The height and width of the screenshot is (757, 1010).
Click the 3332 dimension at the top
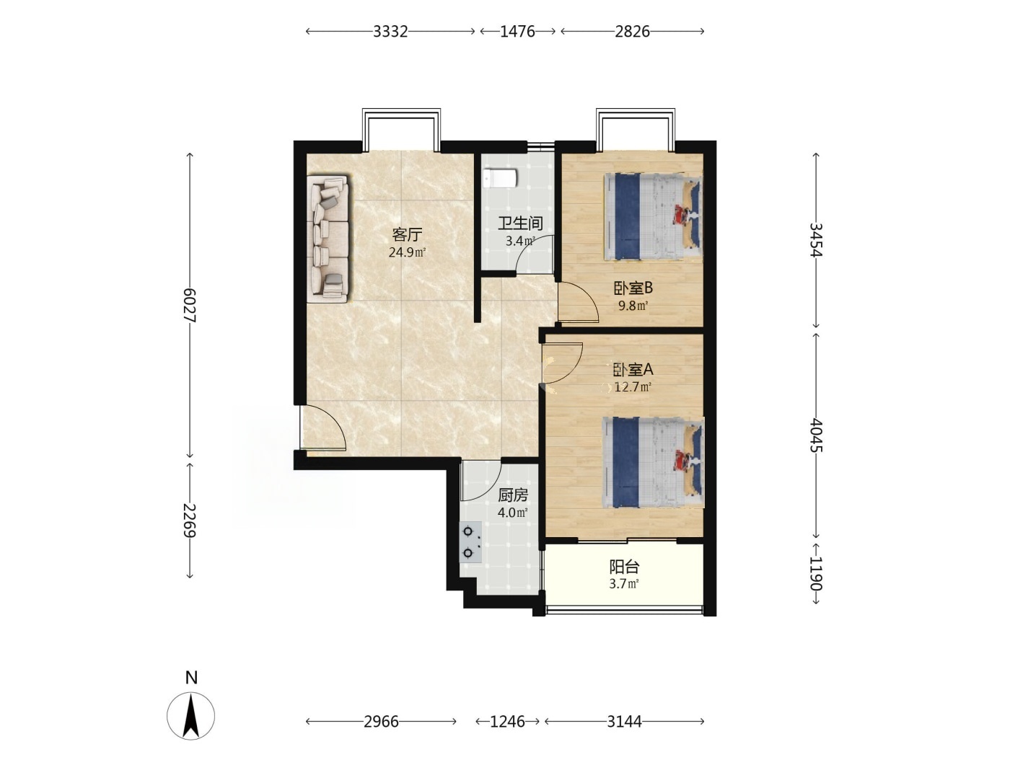pos(390,31)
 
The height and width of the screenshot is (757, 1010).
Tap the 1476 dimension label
pos(518,31)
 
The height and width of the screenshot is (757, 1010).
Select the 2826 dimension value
pos(632,31)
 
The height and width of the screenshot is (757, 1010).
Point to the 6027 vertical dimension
pos(190,305)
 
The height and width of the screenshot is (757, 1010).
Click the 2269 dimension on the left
pos(190,521)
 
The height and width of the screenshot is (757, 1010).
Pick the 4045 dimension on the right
pos(816,435)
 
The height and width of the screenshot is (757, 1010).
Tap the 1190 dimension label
pos(816,574)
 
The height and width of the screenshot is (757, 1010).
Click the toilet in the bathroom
pos(500,178)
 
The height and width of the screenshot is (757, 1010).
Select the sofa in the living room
pos(328,238)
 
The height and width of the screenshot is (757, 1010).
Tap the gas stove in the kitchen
pos(470,542)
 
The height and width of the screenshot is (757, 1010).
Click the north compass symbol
pos(190,716)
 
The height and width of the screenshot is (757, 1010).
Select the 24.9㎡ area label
pos(407,252)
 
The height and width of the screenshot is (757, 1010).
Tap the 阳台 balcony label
pos(624,567)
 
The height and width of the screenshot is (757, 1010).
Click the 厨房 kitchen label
pos(513,495)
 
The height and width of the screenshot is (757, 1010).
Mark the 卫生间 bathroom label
pos(520,223)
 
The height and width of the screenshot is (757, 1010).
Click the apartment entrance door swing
pos(323,428)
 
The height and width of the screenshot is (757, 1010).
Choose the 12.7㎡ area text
pos(633,387)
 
